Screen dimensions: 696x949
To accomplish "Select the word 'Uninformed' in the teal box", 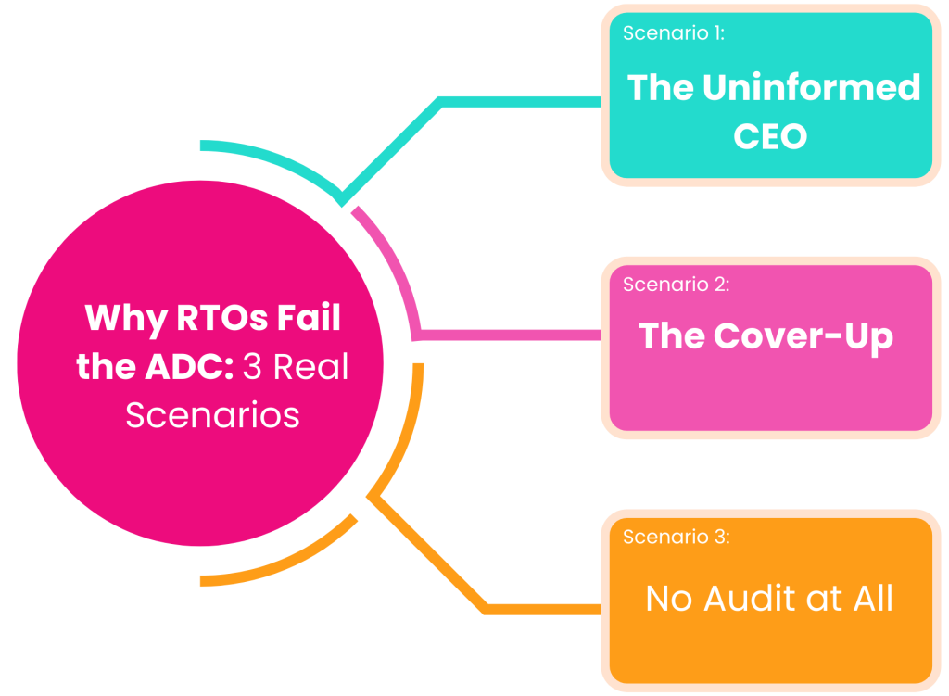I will (x=811, y=88).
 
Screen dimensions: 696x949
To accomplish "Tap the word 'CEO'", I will (x=770, y=137).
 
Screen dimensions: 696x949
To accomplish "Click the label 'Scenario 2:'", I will (x=677, y=285).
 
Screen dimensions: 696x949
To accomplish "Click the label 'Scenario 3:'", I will (x=677, y=537).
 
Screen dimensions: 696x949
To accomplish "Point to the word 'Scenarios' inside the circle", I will (x=212, y=414).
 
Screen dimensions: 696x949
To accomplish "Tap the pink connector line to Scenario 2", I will (x=510, y=335).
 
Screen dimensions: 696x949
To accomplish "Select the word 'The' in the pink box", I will (x=672, y=335).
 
